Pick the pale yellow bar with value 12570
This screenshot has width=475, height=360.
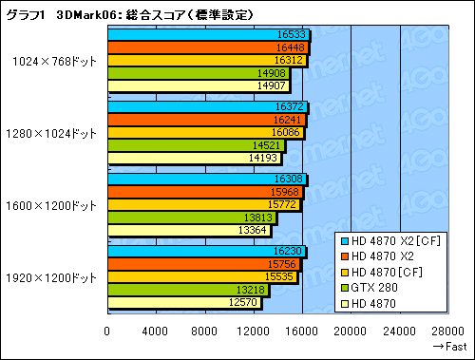[x=184, y=302]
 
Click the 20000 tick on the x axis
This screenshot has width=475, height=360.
[x=351, y=331]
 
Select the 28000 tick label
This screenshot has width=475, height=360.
[x=449, y=331]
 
